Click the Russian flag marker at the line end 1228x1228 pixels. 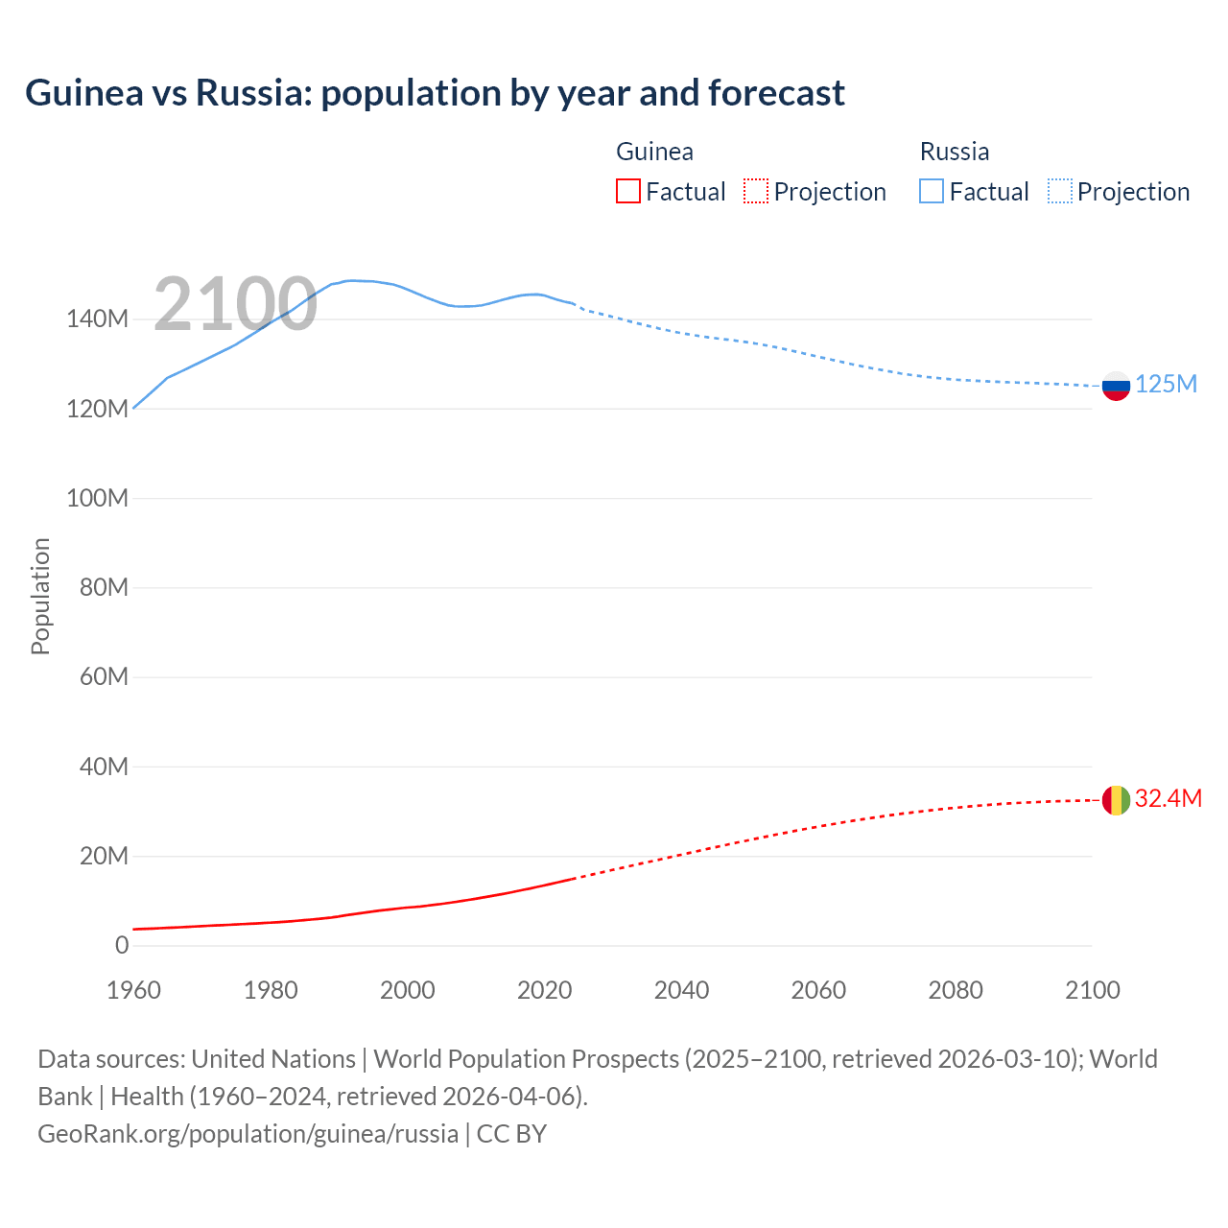1116,386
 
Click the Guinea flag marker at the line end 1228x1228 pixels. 1116,800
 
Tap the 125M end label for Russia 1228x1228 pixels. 1166,385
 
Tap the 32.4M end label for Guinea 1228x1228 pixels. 1168,799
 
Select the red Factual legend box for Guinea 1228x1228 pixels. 627,191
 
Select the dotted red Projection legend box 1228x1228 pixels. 756,191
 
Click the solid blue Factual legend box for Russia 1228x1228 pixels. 931,191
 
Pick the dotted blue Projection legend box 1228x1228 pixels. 1059,191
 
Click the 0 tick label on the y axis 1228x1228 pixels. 122,946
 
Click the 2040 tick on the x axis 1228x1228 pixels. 681,990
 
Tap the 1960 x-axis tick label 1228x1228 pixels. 133,990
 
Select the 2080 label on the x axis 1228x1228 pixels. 956,990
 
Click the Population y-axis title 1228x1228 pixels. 40,596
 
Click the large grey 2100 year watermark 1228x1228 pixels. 235,304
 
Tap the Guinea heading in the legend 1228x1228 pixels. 654,152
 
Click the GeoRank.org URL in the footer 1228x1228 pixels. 248,1134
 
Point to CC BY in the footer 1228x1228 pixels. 511,1134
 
